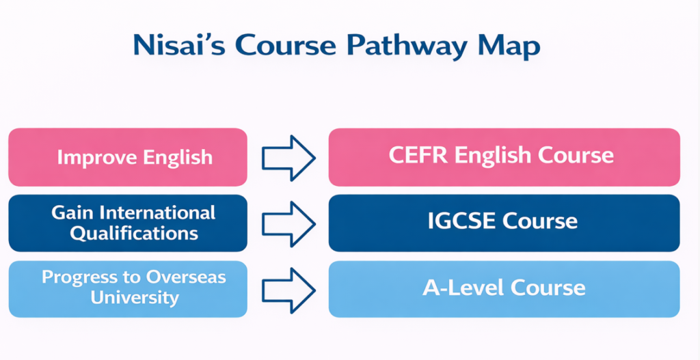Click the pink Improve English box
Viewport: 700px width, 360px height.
pos(128,157)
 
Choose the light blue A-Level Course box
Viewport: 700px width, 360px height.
pos(504,288)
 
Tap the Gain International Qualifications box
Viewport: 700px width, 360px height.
pos(128,223)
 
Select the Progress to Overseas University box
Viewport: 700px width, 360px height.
pos(128,288)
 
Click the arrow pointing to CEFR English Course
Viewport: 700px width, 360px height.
pos(288,157)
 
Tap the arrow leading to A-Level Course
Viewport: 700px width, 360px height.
pos(288,288)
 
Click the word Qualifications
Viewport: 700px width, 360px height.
pos(135,233)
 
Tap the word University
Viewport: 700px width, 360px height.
pos(135,298)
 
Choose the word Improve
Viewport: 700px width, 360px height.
pos(97,158)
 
